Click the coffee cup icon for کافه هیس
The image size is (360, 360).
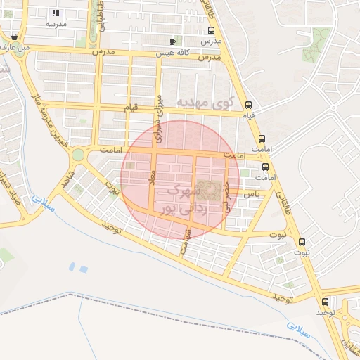(172, 42)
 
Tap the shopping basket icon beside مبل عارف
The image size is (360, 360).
(15, 37)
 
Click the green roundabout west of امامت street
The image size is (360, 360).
(77, 154)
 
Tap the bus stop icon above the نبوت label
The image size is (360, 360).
(304, 240)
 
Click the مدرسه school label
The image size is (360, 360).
(56, 23)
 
